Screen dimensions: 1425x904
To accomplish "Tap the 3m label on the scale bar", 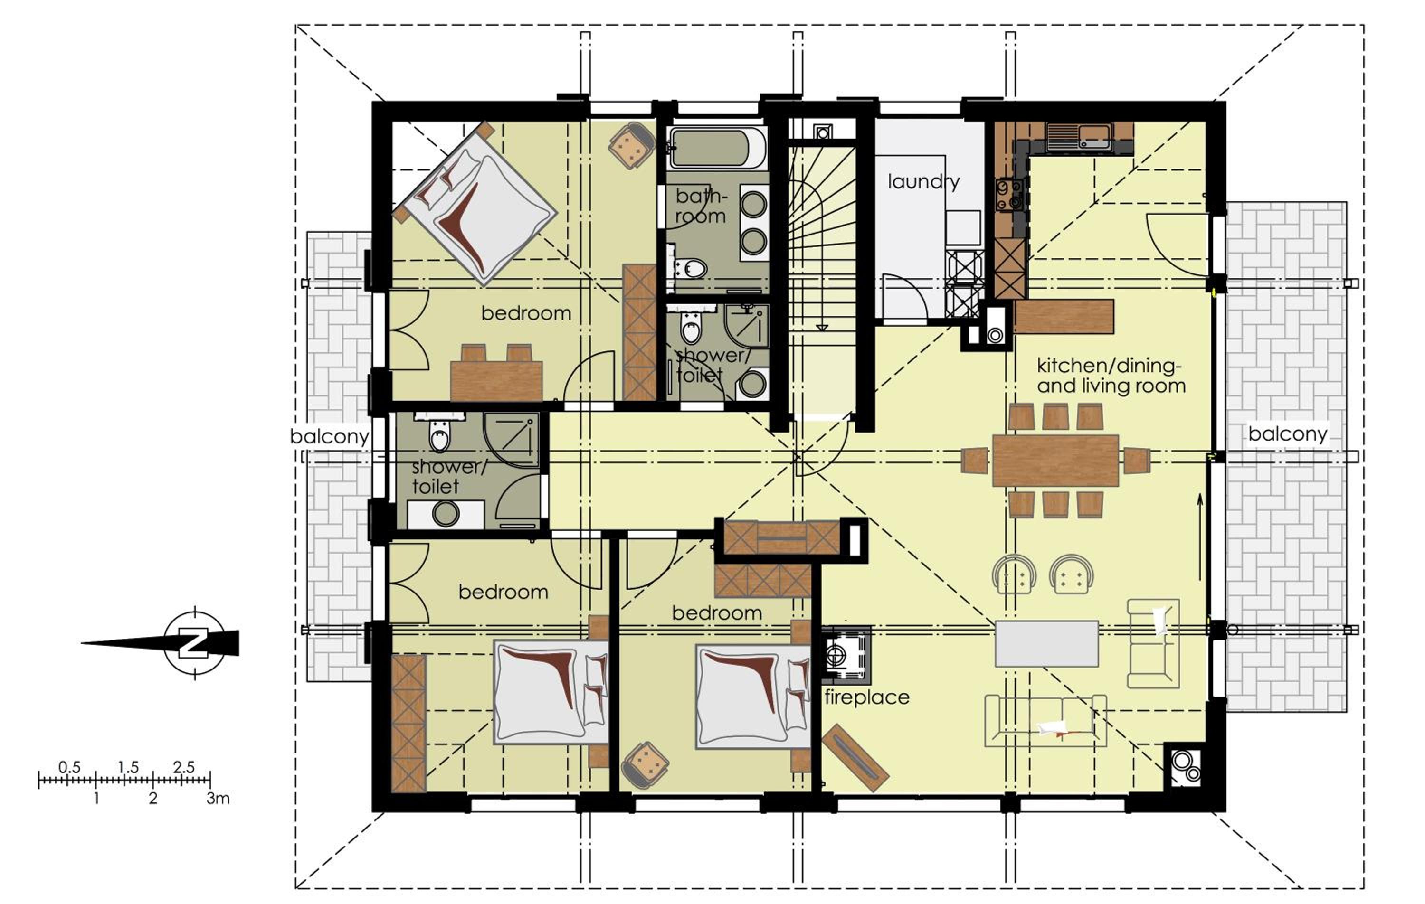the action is coord(218,799).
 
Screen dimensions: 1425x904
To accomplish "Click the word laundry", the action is coord(923,182).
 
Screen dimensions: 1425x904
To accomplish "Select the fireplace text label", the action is coord(867,697).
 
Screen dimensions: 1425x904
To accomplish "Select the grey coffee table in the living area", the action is coord(1047,644).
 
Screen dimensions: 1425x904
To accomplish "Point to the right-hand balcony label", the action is coord(1288,434).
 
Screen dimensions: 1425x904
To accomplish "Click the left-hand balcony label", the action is coord(329,437).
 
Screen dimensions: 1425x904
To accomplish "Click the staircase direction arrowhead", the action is coord(821,327).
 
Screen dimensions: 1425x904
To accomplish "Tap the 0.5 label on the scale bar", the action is coord(69,767).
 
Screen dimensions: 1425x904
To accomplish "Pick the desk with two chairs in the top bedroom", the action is coord(496,373).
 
